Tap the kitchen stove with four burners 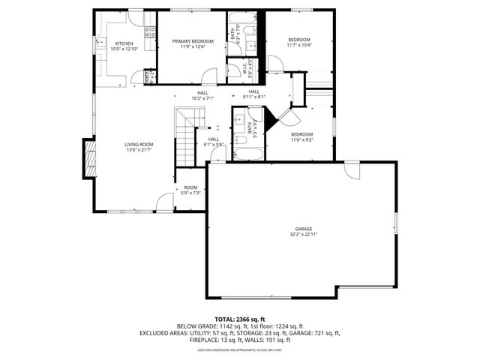(x=150, y=31)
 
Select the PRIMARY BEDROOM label (x=192, y=40)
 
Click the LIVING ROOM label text (x=139, y=144)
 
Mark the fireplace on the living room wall (x=91, y=160)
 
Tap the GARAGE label (x=303, y=229)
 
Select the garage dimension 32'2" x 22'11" (x=303, y=235)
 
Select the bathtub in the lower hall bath (x=245, y=154)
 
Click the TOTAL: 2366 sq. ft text (x=239, y=319)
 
